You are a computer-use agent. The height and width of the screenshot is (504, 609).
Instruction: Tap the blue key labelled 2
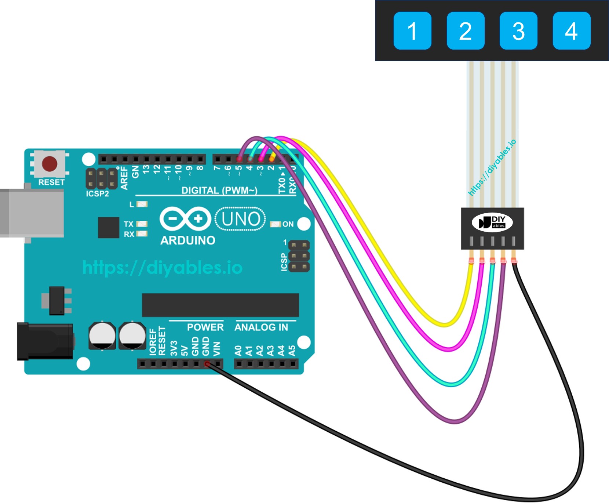pos(465,31)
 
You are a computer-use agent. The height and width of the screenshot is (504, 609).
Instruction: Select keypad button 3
pos(518,31)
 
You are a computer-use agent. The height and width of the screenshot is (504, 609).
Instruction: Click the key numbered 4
pos(571,31)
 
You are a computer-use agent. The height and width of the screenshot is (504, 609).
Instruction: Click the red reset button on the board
pos(50,164)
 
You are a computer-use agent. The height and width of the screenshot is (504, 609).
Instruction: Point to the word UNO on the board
pos(241,219)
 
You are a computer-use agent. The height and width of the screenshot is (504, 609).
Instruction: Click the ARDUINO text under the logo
pos(187,240)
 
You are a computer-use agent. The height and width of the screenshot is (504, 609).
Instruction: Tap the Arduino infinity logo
pos(185,219)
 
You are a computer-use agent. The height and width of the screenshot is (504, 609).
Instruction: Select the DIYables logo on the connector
pos(492,222)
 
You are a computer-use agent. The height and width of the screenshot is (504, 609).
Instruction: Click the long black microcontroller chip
pos(220,305)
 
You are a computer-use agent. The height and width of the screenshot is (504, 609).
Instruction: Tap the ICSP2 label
pos(97,194)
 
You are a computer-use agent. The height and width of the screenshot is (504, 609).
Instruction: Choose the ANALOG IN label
pos(261,327)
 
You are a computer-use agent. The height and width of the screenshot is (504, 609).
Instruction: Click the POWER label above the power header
pos(205,327)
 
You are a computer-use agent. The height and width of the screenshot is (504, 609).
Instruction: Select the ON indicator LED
pos(275,224)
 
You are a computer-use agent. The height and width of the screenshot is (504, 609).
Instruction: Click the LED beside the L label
pos(142,204)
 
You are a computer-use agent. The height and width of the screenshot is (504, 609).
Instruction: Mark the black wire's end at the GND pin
pos(207,364)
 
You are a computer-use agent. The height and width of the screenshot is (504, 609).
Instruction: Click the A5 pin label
pos(292,351)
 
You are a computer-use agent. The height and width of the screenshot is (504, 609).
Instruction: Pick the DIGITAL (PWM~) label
pos(219,191)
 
